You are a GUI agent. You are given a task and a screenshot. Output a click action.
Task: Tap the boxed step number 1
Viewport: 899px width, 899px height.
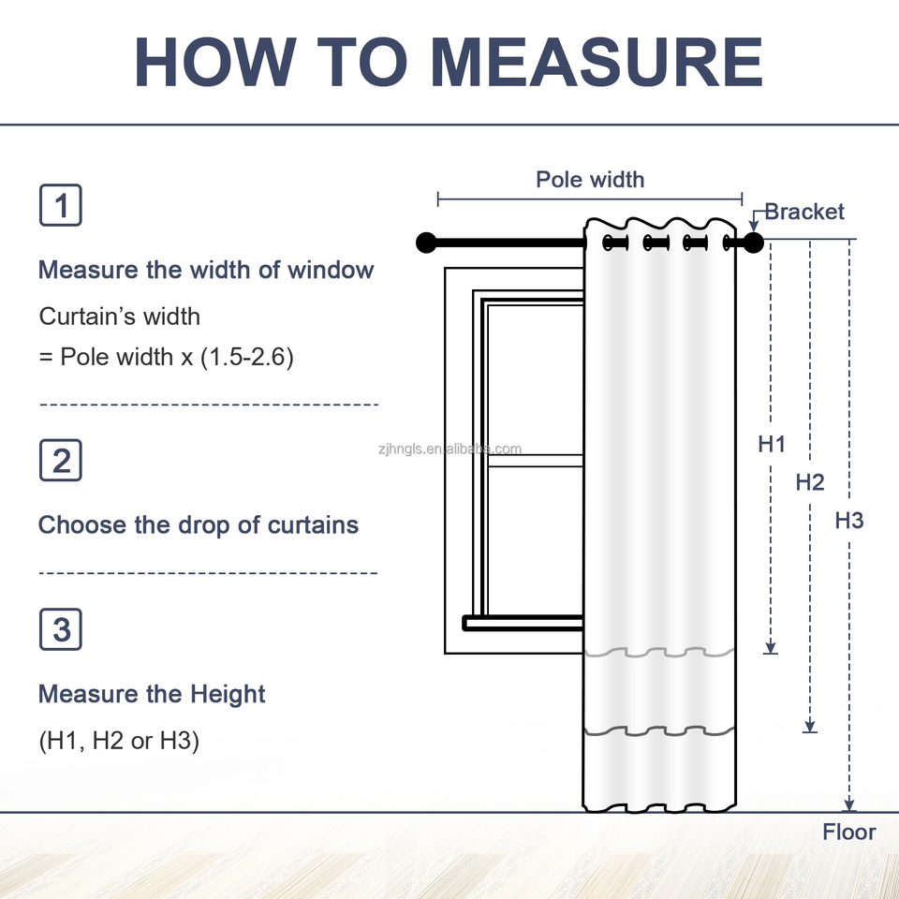coord(61,206)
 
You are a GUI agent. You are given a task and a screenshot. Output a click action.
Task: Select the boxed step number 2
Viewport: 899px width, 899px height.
coord(61,461)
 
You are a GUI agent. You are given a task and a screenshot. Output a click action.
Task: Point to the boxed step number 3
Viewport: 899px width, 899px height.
coord(61,629)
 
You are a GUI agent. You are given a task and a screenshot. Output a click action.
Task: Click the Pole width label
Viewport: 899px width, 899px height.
coord(590,179)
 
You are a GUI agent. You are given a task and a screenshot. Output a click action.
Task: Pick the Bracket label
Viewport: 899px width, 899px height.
coord(803,212)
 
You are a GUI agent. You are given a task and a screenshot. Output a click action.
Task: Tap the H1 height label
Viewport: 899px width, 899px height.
coord(772,445)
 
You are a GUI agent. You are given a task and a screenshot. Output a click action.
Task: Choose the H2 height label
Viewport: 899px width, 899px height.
coord(810,482)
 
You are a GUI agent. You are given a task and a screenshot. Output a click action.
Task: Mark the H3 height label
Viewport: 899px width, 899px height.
coord(849,521)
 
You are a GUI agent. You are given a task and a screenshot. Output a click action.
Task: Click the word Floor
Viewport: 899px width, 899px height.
coord(849,832)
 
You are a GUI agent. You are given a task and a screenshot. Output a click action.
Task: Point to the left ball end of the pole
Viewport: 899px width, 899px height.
coord(426,243)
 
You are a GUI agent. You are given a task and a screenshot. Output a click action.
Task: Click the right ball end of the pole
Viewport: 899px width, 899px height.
coord(754,243)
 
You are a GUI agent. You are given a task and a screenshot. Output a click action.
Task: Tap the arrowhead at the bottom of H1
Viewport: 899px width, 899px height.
coord(771,645)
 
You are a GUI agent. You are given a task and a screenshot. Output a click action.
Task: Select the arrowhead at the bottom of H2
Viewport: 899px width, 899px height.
coord(810,725)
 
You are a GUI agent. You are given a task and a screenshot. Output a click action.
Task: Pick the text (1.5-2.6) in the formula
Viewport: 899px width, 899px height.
coord(247,357)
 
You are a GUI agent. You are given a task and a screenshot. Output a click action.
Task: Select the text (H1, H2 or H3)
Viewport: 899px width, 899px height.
coord(119,742)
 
